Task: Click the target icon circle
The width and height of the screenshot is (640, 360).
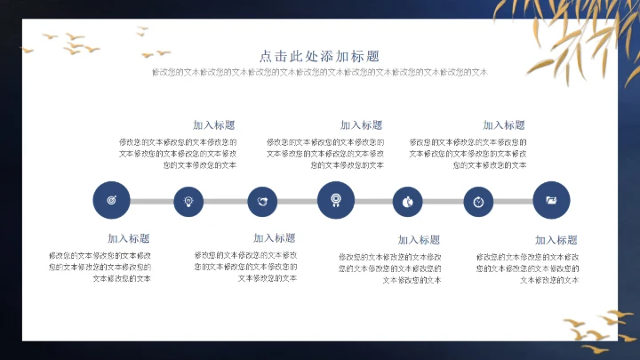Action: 111,201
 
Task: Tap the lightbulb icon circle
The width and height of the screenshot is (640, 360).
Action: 188,202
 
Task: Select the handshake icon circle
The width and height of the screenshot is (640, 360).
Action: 262,202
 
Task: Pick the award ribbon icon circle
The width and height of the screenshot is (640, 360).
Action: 335,200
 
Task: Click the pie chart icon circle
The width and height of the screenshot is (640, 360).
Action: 407,202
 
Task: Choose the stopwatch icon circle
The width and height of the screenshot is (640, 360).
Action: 478,202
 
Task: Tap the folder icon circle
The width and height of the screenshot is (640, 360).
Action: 551,200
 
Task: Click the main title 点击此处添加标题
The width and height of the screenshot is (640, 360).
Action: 319,55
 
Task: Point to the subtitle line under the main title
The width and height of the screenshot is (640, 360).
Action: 320,72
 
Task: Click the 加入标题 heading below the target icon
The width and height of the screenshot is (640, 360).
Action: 129,238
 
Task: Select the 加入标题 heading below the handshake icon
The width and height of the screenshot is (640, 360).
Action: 275,237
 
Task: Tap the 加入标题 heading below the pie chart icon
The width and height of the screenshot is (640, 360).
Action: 420,240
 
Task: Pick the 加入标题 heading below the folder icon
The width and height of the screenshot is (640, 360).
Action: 556,240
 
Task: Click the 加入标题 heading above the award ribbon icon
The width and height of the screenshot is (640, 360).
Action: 361,125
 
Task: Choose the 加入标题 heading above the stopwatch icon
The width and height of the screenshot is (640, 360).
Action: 504,125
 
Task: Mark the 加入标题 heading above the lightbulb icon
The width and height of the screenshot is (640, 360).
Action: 214,125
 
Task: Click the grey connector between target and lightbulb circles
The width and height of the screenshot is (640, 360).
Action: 150,202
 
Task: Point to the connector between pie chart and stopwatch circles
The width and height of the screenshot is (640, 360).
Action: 443,202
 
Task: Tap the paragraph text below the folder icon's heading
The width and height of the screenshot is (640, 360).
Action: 528,268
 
